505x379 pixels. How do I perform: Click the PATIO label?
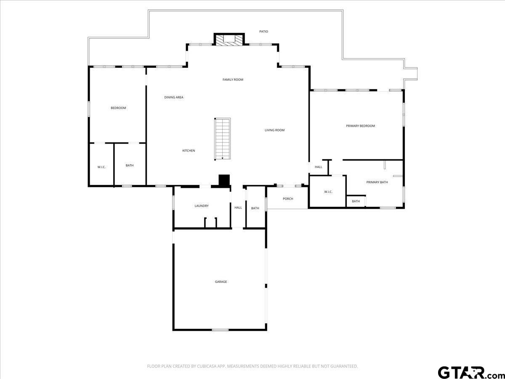(x=263, y=32)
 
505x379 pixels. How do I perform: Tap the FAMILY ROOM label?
(x=233, y=80)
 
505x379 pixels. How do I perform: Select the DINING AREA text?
(x=174, y=97)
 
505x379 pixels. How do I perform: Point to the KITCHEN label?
(x=189, y=150)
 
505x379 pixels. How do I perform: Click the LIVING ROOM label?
(x=274, y=130)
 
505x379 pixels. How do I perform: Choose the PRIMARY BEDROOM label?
(x=360, y=126)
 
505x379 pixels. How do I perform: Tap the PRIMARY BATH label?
(x=377, y=182)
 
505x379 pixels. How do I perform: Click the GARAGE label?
(x=221, y=282)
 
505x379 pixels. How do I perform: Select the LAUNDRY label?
(x=202, y=206)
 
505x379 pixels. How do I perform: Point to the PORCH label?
(x=288, y=199)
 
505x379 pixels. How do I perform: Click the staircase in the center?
(x=223, y=139)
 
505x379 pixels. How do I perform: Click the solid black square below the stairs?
(x=224, y=180)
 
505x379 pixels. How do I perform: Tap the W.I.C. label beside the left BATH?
(x=101, y=167)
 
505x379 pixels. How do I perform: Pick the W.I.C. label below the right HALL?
(x=328, y=192)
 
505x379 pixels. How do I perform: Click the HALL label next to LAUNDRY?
(x=238, y=208)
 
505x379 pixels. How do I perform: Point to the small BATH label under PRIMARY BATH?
(x=356, y=201)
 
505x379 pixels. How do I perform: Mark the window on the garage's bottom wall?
(x=220, y=330)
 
